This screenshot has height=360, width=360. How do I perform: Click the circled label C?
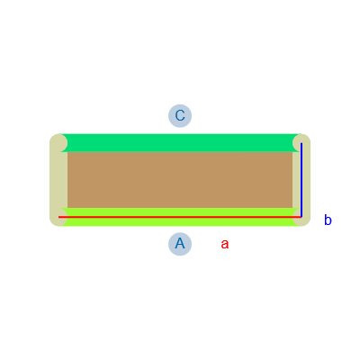pos(180,116)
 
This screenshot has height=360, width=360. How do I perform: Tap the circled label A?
pos(180,244)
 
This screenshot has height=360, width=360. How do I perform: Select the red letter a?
pos(225,244)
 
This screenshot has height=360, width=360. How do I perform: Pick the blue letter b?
pos(328,220)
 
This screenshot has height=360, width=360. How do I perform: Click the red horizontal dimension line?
pos(180,217)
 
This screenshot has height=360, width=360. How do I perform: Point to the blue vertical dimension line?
pos(301,180)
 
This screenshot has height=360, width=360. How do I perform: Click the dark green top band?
pos(180,143)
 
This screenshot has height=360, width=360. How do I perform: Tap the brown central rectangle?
pos(180,180)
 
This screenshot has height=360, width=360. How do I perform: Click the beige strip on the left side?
pos(58,180)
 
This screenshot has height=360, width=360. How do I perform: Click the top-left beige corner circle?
pos(58,143)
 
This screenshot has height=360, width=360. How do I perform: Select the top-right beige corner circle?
pos(301,143)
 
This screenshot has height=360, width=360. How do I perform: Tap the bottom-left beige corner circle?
pos(58,217)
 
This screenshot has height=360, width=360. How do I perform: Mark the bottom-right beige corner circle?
pos(301,217)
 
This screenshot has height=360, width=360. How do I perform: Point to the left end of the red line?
pos(58,217)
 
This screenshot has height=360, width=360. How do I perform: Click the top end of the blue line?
pos(301,143)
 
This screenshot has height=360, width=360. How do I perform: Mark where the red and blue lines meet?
pos(301,217)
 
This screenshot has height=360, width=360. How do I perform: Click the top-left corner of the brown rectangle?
pos(67,152)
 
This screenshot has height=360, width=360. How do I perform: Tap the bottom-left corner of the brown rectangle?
pos(67,208)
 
